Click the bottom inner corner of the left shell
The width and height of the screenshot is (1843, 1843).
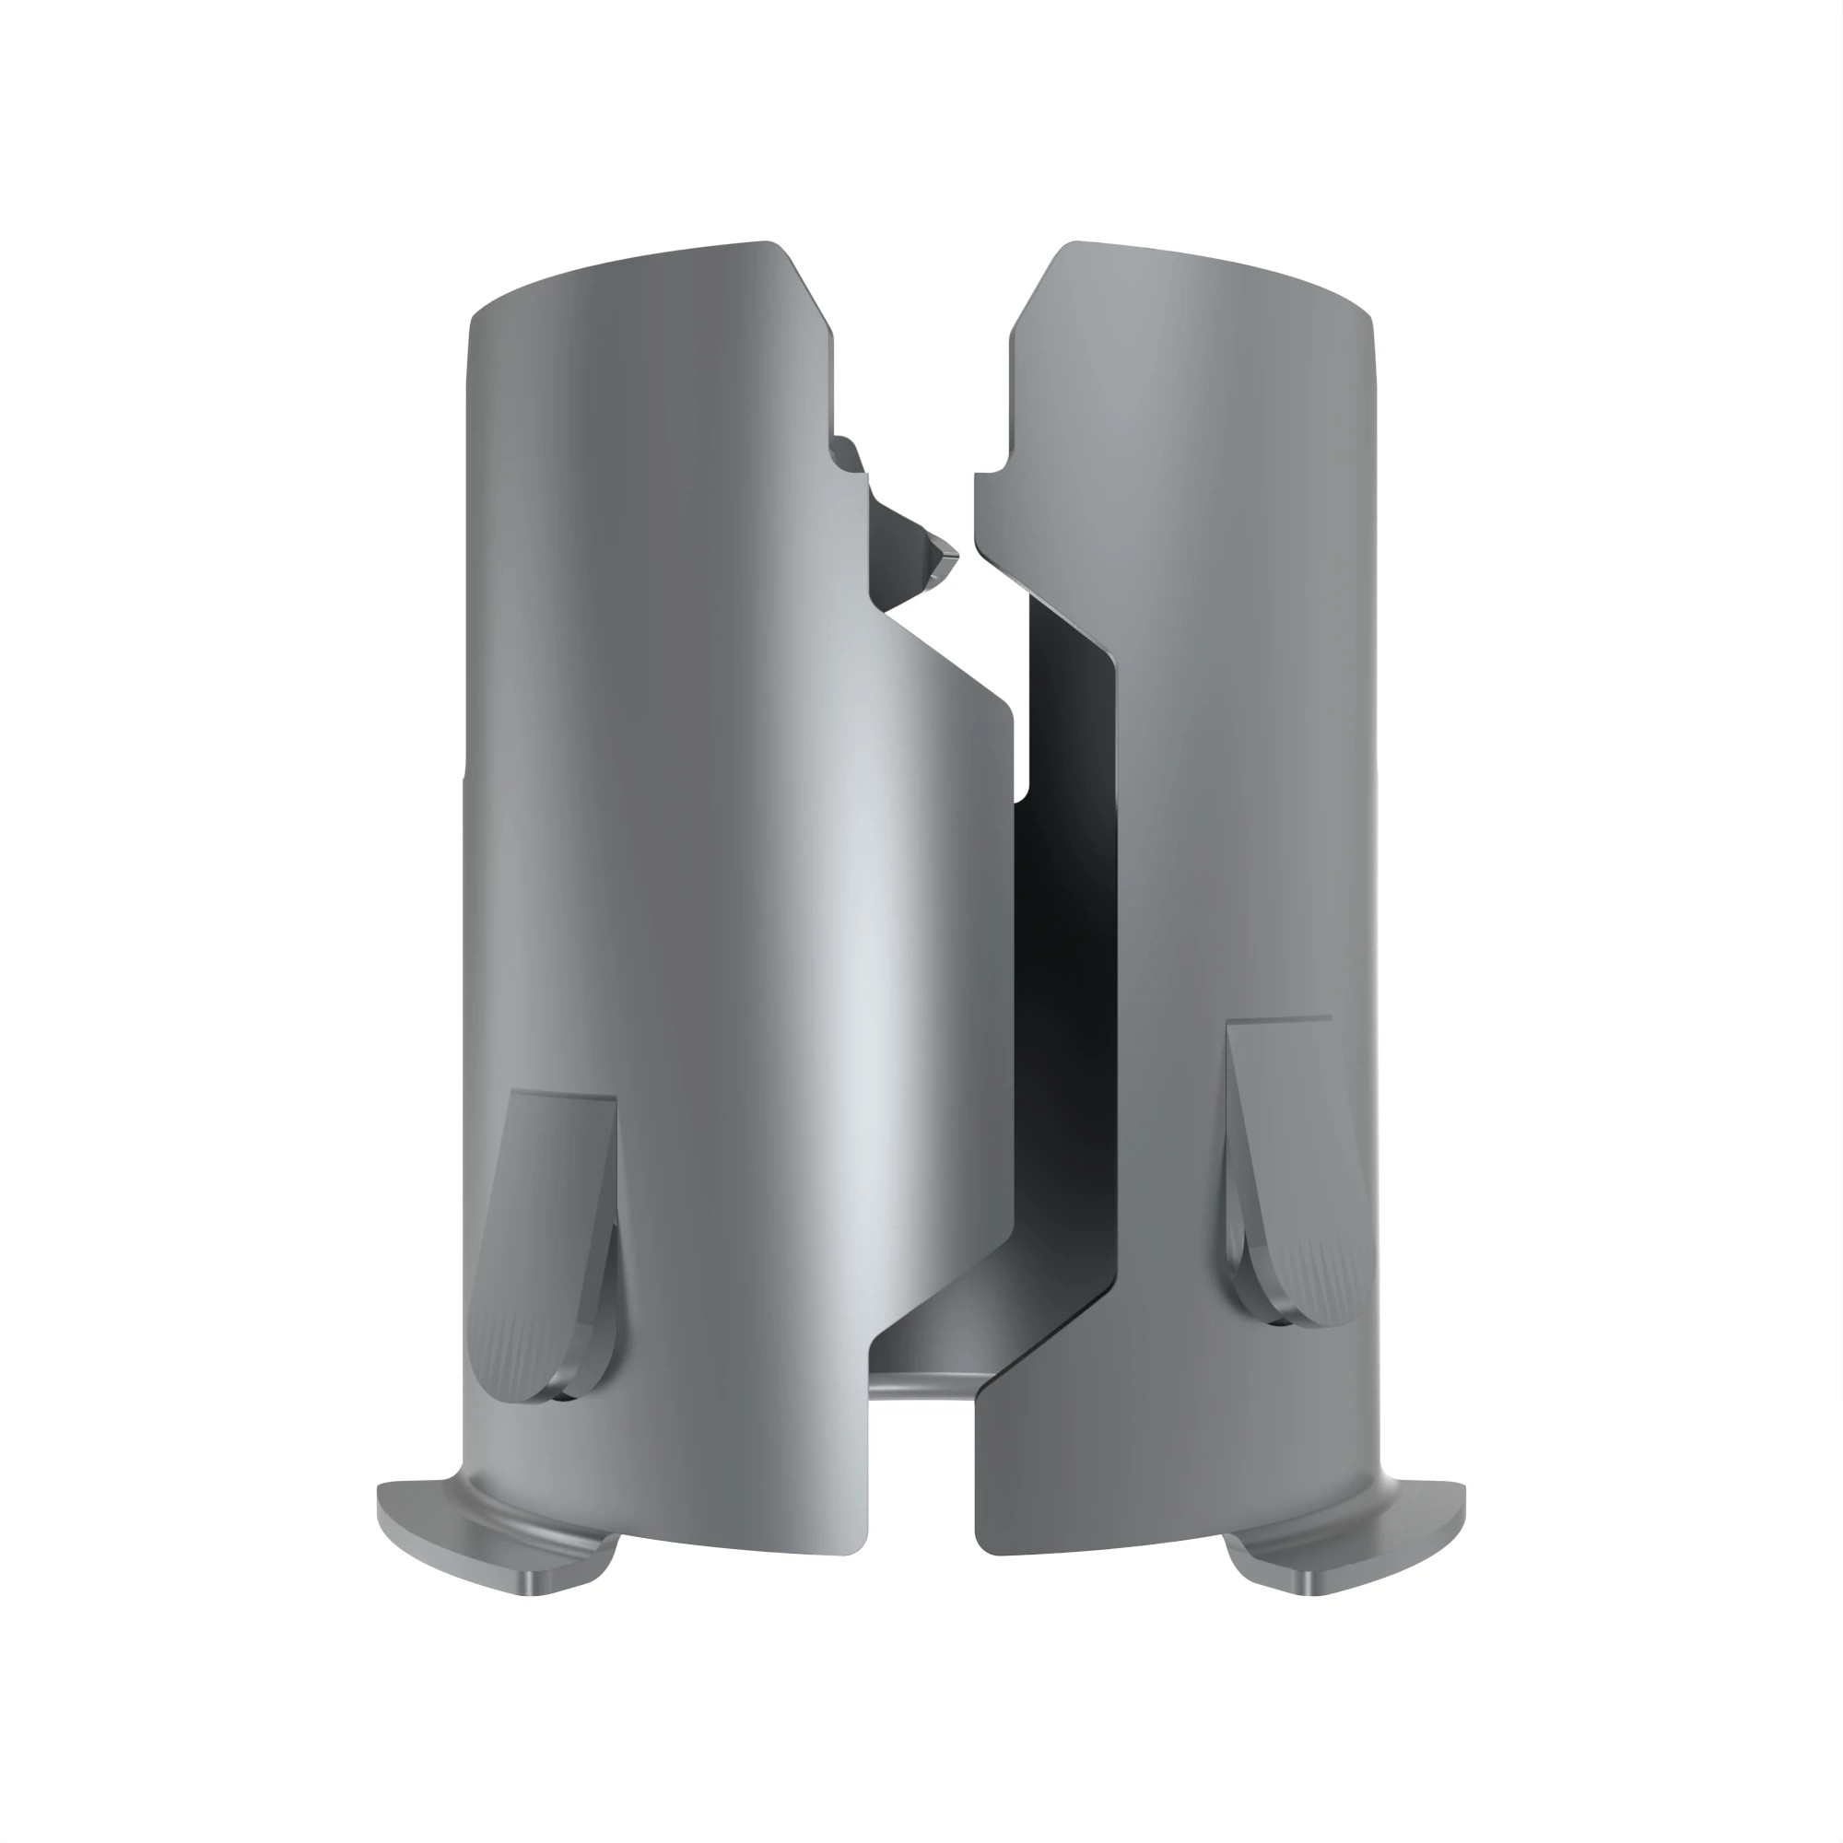click(859, 1545)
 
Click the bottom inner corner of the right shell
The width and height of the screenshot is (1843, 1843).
click(984, 1545)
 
